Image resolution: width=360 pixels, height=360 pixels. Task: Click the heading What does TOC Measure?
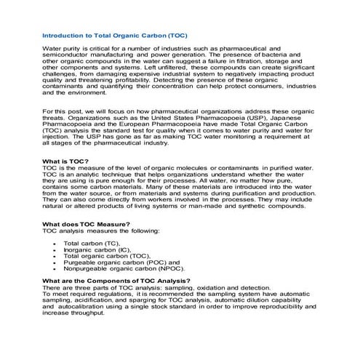pyautogui.click(x=87, y=224)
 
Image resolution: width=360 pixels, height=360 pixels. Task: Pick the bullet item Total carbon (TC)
pyautogui.click(x=90, y=242)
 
